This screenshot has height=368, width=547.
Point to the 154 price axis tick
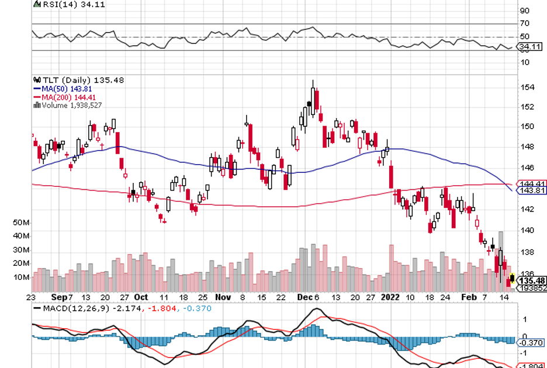pos(527,88)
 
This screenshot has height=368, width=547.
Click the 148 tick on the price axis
pos(527,146)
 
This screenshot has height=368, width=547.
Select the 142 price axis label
pos(527,209)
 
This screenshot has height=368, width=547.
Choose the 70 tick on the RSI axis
pos(524,23)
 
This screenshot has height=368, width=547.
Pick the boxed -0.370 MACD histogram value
pos(531,343)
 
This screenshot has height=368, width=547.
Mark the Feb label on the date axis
pos(469,297)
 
